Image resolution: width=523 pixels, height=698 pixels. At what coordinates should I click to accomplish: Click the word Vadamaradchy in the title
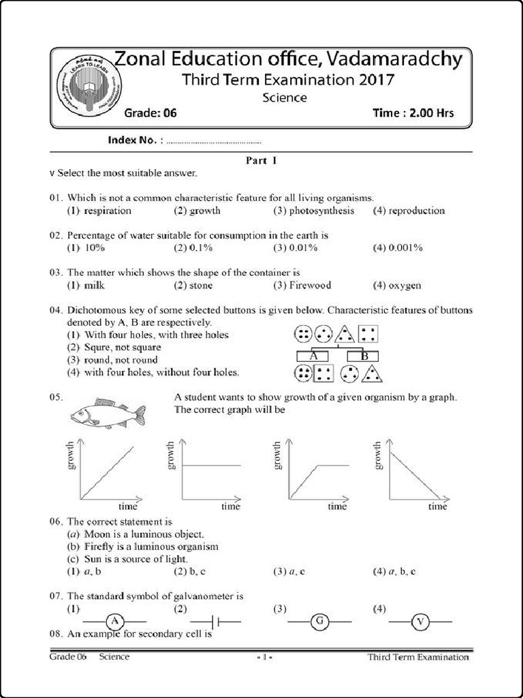pos(392,59)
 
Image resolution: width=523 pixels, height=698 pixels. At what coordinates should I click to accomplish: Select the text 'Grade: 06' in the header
pos(150,113)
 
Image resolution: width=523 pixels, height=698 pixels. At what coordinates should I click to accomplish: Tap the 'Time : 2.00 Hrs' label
pos(413,113)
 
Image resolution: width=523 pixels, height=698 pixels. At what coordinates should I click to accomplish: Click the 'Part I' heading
pos(260,162)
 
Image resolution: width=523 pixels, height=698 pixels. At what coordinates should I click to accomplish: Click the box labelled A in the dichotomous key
pos(314,356)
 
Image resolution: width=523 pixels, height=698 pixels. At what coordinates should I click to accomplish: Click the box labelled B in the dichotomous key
pos(364,356)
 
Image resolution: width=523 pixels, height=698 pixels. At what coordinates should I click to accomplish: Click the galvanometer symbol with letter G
pos(319,621)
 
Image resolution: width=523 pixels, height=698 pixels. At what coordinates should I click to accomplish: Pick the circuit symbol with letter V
pos(419,621)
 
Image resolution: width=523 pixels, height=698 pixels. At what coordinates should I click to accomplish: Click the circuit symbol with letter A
pos(115,621)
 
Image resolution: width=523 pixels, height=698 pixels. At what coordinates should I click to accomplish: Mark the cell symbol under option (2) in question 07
pos(215,622)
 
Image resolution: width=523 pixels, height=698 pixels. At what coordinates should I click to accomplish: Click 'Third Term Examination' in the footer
pos(417,657)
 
